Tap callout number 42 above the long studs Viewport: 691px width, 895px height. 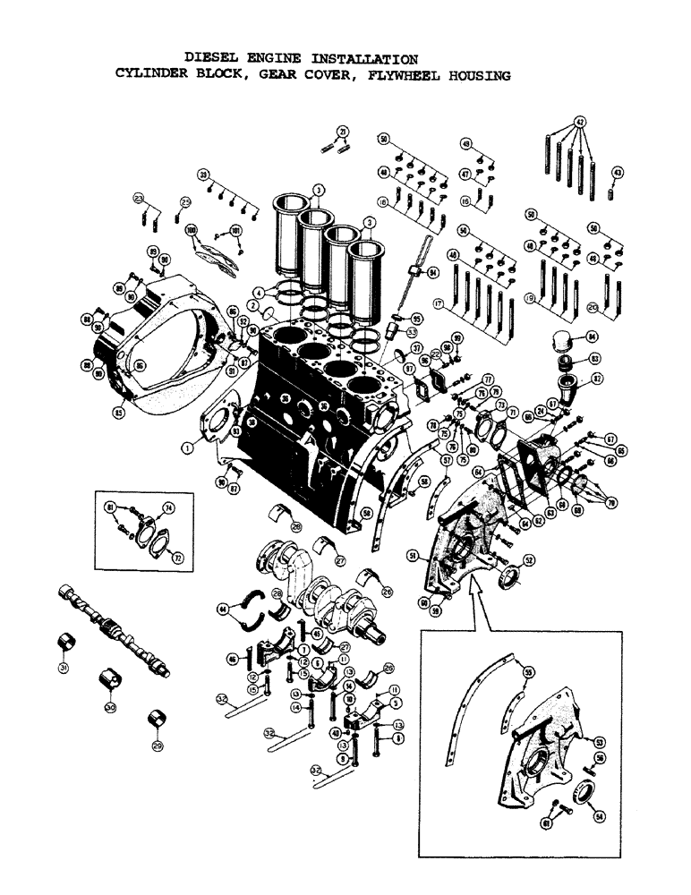point(580,122)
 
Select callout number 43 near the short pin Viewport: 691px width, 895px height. point(618,173)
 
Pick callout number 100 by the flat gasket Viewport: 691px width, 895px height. point(191,231)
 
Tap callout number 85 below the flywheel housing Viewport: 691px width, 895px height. point(118,413)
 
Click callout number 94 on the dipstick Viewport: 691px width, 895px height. point(433,272)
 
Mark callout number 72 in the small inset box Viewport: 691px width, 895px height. point(178,558)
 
